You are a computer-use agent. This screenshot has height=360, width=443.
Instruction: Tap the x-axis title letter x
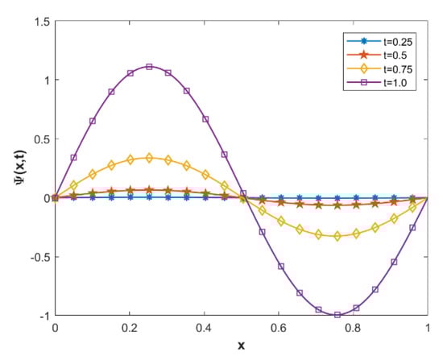(x=240, y=346)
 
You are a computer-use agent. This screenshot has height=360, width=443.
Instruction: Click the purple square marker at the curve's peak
(x=149, y=67)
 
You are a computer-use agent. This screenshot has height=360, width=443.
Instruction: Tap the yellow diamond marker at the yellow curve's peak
(x=149, y=158)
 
